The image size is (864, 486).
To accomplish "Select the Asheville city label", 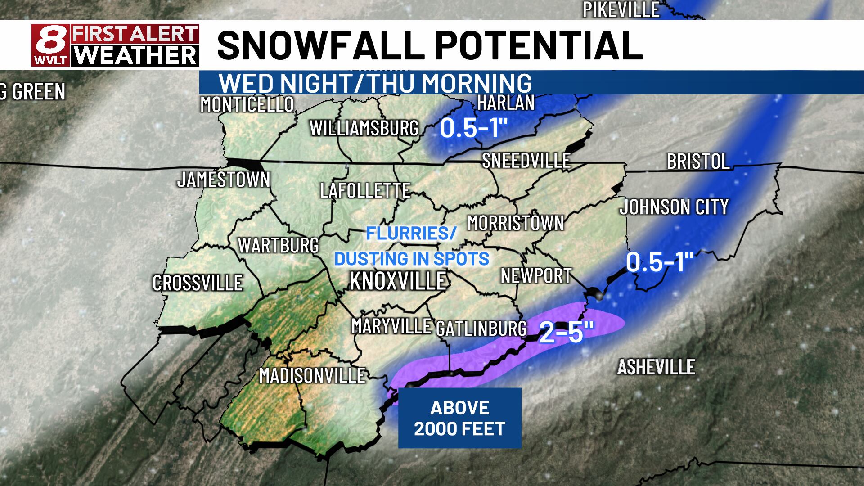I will tap(656, 367).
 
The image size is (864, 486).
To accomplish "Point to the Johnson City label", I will tap(674, 207).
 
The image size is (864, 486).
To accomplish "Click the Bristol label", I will tap(698, 162).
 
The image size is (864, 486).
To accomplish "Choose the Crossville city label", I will tap(198, 283).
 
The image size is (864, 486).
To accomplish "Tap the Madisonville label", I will tap(312, 375).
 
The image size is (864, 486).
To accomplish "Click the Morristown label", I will tap(516, 223).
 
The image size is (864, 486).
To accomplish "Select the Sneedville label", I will tap(526, 161).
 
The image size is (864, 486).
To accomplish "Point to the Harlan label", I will tap(505, 103).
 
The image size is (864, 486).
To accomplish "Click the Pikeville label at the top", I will tap(621, 9).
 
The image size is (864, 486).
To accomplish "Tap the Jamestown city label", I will tap(224, 180).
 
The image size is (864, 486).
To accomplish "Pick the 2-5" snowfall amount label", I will tap(567, 333).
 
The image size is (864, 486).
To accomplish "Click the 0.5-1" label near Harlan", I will tap(473, 128).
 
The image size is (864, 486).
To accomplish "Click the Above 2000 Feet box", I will tap(459, 418).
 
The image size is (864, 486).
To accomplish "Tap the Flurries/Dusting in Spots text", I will tap(411, 246).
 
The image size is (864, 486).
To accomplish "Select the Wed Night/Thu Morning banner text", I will tap(375, 83).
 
